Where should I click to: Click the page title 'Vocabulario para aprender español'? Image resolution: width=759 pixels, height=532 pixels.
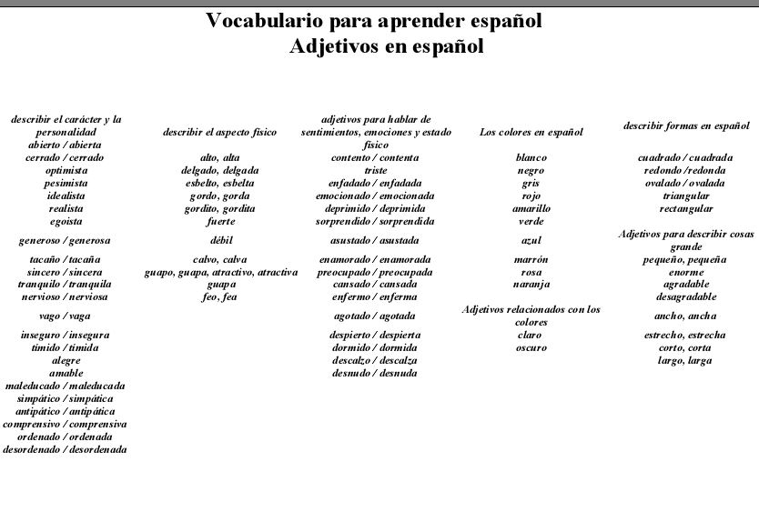pos(374,21)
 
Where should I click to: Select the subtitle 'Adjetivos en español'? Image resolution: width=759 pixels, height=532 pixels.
pos(386,46)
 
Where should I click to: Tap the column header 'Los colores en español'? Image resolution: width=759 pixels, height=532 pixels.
pos(531,132)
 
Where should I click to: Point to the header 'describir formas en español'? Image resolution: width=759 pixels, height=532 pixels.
pos(685,125)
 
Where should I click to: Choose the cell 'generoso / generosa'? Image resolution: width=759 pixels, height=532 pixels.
pos(65,241)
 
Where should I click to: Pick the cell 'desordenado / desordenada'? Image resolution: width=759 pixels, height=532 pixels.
pos(65,449)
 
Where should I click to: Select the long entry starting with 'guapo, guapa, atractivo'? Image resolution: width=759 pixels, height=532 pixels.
pos(221,272)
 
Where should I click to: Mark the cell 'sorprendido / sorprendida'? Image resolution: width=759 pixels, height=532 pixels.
pos(374,221)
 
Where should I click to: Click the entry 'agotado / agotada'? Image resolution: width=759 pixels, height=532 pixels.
pos(374,316)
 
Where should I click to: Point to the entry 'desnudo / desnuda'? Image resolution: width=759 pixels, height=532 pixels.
pos(374,373)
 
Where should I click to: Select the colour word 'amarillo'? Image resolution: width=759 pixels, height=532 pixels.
pos(531,208)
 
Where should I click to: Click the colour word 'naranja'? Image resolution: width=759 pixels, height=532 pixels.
pos(531,285)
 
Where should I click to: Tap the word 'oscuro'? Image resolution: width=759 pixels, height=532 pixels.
pos(531,347)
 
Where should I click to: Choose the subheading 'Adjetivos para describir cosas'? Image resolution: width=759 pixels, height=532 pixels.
pos(685,235)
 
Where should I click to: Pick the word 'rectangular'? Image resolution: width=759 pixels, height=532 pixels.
pos(685,208)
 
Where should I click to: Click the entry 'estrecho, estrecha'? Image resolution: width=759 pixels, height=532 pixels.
pos(685,335)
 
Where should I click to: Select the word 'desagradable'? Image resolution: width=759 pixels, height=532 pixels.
pos(685,296)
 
